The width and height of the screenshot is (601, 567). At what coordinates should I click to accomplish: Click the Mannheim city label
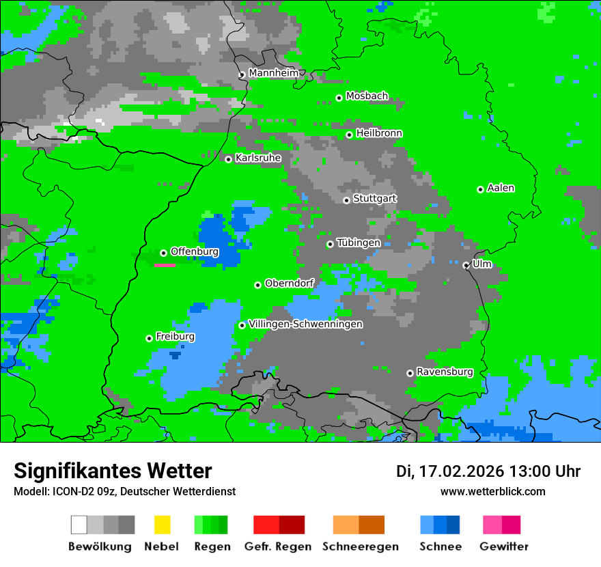pos(274,72)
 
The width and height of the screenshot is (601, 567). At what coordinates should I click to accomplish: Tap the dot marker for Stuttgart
pos(346,200)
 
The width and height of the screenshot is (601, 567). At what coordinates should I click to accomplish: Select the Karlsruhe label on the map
pos(258,158)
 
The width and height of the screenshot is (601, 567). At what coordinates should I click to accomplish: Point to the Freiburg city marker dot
pos(149,338)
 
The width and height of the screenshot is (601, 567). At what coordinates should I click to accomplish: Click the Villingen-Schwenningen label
pos(305,324)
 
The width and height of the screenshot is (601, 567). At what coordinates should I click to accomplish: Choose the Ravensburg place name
pos(445,372)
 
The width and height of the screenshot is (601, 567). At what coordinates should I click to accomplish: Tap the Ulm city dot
pos(466,265)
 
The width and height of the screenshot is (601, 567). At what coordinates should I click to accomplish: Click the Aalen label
pos(501,188)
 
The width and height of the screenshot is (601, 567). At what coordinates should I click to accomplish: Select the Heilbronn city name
pos(379,133)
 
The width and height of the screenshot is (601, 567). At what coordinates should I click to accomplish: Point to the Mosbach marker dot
pos(339,98)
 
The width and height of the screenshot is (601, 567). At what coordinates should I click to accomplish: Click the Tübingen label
pos(359,243)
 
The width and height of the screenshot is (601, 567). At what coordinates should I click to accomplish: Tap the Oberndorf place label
pos(289,283)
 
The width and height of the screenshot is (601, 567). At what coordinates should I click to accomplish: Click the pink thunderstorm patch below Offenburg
pos(165,265)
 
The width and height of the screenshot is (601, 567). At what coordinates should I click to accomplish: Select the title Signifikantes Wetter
pos(113,471)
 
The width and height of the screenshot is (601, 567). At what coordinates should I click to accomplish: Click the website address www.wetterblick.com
pos(492,491)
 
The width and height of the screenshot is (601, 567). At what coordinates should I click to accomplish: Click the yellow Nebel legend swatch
pos(162,525)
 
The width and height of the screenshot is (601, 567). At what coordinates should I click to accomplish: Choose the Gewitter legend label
pos(503,547)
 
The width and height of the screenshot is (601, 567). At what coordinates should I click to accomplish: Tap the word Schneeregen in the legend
pos(359,547)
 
